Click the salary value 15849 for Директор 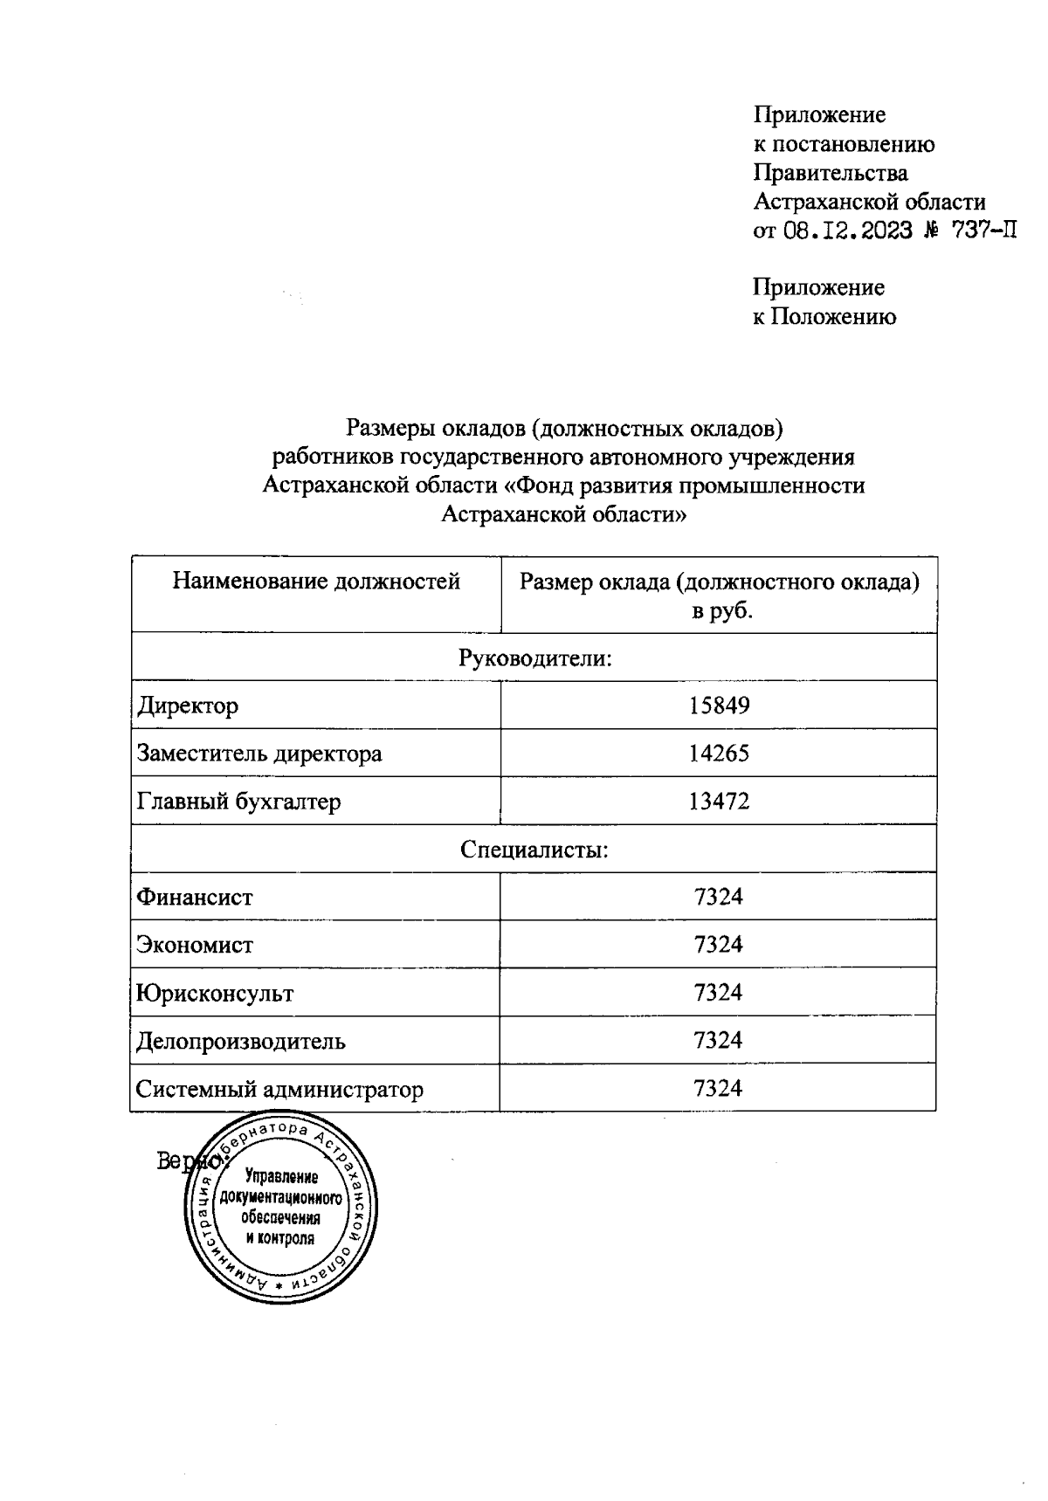tap(719, 705)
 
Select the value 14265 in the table tap(719, 753)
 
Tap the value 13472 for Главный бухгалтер tap(719, 801)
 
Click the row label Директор tap(188, 705)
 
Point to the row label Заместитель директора tap(259, 753)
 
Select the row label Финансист tap(195, 897)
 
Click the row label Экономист tap(195, 945)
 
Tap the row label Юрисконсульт tap(215, 993)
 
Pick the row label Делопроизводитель tap(241, 1041)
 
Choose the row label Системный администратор tap(279, 1089)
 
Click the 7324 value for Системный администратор tap(718, 1088)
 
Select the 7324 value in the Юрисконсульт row tap(718, 992)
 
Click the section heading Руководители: tap(534, 658)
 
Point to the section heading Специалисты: tap(534, 849)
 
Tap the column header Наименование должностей tap(316, 582)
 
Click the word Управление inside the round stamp tap(281, 1177)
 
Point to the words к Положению tap(824, 316)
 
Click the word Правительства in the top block tap(830, 173)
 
